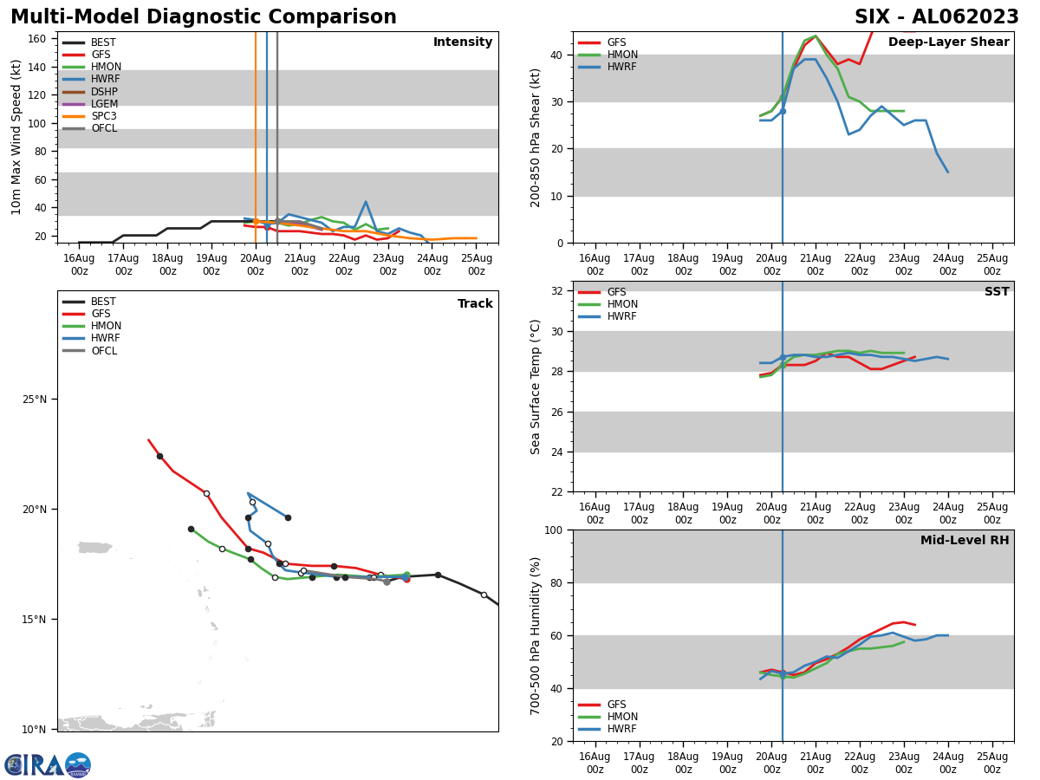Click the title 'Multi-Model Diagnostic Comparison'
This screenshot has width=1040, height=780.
pyautogui.click(x=203, y=17)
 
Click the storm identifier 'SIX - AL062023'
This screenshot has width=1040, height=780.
pyautogui.click(x=936, y=17)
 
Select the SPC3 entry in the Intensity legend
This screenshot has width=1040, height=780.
pyautogui.click(x=104, y=116)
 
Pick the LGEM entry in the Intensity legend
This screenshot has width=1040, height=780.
pyautogui.click(x=104, y=104)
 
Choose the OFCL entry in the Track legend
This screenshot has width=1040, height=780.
pyautogui.click(x=104, y=351)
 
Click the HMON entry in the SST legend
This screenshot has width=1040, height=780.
pyautogui.click(x=622, y=304)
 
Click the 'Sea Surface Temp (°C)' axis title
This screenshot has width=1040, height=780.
pyautogui.click(x=536, y=387)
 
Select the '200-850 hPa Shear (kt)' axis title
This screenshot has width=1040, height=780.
pyautogui.click(x=536, y=137)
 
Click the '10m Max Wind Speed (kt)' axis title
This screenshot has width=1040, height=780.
pyautogui.click(x=16, y=137)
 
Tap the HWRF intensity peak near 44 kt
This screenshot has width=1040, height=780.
pyautogui.click(x=366, y=202)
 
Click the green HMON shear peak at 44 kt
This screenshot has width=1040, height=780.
pyautogui.click(x=816, y=36)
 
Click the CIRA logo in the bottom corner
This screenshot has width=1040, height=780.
pyautogui.click(x=48, y=765)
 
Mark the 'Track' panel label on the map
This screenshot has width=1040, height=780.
pyautogui.click(x=475, y=304)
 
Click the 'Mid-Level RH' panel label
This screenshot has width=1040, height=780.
pyautogui.click(x=965, y=541)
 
